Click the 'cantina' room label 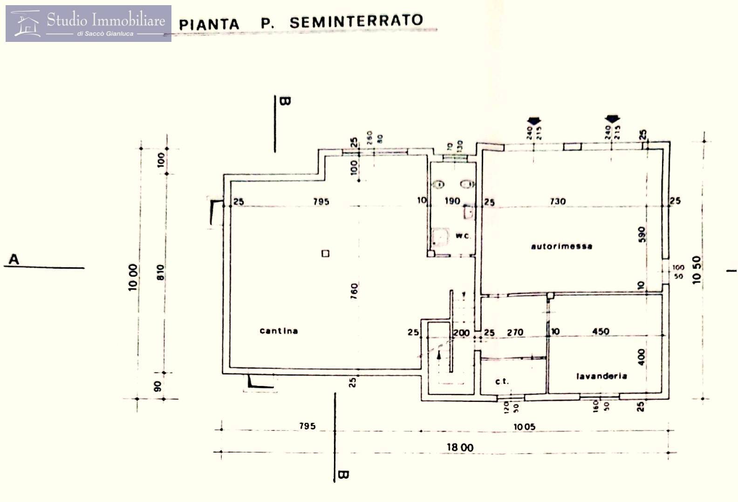click(279, 331)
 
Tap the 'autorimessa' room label click(561, 246)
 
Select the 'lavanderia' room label click(601, 376)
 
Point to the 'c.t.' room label click(501, 381)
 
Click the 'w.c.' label click(463, 236)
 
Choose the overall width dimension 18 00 click(460, 448)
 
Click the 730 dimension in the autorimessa click(557, 201)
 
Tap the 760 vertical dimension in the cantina click(354, 291)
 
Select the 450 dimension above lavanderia click(601, 331)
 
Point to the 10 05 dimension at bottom click(524, 426)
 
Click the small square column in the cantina click(325, 253)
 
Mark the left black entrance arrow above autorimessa click(533, 120)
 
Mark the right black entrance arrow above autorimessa click(612, 120)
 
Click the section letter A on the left click(14, 259)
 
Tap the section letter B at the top click(285, 101)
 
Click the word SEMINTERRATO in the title click(356, 21)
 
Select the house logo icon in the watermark click(26, 24)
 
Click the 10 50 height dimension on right click(697, 271)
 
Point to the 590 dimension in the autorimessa click(642, 234)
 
